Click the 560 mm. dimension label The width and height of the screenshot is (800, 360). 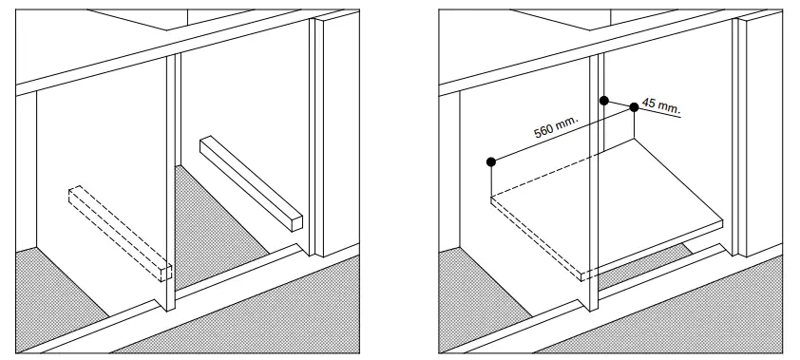(x=556, y=127)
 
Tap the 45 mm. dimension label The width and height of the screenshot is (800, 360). (x=661, y=106)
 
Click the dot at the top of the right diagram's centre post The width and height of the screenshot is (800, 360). (x=602, y=99)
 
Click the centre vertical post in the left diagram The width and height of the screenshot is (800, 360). (x=173, y=190)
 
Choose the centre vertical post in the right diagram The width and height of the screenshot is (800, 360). (x=596, y=190)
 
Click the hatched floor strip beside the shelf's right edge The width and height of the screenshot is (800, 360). (x=656, y=255)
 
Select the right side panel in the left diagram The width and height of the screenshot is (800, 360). (x=334, y=142)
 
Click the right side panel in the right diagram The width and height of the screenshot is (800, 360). (x=757, y=142)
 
